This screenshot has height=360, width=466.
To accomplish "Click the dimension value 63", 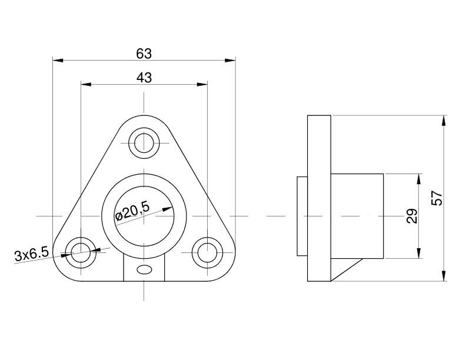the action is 144,54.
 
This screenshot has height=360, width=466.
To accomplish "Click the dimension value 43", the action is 144,78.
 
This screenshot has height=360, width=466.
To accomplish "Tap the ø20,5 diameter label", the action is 132,211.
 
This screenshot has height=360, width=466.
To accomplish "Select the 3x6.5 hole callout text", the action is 32,255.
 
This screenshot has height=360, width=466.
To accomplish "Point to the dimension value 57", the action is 437,198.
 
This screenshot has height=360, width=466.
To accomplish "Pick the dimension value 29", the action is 412,216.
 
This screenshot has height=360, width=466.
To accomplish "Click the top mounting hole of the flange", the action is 144,143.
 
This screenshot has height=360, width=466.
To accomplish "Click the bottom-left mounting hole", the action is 81,252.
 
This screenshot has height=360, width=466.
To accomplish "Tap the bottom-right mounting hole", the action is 207,252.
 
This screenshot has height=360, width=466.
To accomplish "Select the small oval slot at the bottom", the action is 144,269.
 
